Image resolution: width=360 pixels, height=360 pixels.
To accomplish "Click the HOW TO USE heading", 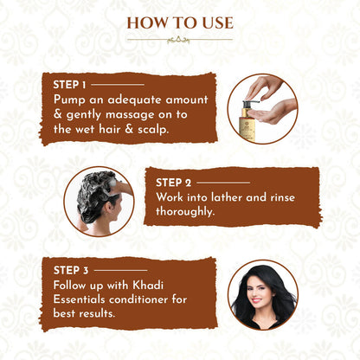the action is [x=180, y=23].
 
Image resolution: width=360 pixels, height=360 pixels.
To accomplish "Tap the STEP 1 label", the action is [x=69, y=85].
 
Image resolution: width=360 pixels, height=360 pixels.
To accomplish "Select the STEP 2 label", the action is [x=173, y=183].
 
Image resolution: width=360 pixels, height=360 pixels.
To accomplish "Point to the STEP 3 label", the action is [x=71, y=270].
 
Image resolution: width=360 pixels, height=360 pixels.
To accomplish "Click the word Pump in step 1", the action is [x=69, y=100].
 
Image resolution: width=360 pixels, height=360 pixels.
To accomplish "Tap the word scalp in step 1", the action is [x=153, y=129].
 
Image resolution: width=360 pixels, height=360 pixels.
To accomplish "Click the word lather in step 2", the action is [x=224, y=197].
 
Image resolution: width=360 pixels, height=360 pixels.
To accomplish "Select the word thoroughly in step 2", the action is [x=185, y=212].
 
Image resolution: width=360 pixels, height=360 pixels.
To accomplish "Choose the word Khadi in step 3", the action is [x=148, y=285].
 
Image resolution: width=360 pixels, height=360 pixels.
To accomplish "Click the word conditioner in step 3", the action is [x=139, y=299].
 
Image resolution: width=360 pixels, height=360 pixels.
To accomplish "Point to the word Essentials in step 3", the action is [x=79, y=299].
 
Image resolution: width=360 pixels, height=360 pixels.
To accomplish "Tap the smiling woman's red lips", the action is [x=256, y=300].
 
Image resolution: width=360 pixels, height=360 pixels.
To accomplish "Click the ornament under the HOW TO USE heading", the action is [x=179, y=40].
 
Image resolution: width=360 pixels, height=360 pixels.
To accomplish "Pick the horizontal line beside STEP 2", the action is [x=223, y=183].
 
